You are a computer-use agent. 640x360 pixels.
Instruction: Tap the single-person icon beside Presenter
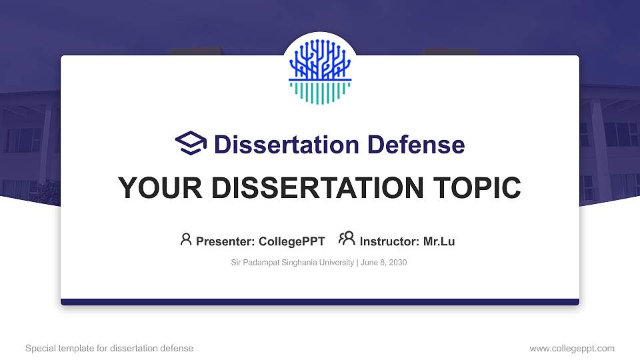186,239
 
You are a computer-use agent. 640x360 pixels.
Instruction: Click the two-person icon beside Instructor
347,239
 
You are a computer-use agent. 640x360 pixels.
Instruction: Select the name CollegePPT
291,241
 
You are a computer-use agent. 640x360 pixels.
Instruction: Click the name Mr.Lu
439,241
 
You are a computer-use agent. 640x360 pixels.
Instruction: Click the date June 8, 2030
384,263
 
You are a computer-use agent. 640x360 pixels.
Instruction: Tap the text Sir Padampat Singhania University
292,263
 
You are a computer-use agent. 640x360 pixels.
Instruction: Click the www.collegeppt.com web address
572,348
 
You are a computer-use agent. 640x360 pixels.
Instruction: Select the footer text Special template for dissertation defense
109,348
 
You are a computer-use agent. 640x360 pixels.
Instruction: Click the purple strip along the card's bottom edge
320,302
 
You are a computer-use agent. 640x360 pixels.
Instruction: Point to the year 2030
397,263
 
